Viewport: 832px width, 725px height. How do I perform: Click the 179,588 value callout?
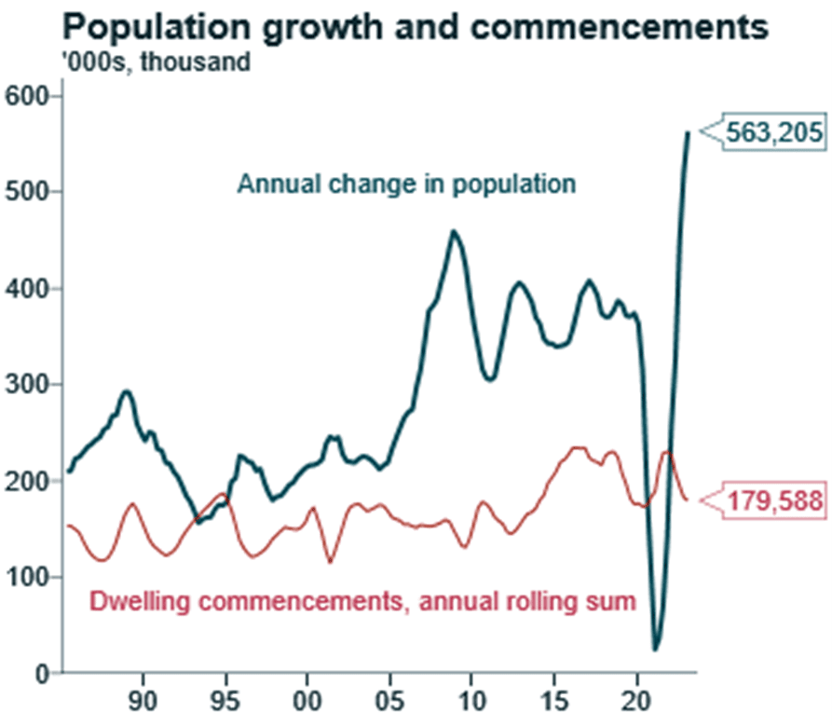pos(773,501)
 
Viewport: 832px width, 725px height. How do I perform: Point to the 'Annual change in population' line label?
pos(406,184)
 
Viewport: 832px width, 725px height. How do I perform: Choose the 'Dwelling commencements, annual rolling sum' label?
pos(362,601)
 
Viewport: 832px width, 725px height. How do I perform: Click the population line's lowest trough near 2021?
pos(656,649)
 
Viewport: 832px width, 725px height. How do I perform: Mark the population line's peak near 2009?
pos(455,232)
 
